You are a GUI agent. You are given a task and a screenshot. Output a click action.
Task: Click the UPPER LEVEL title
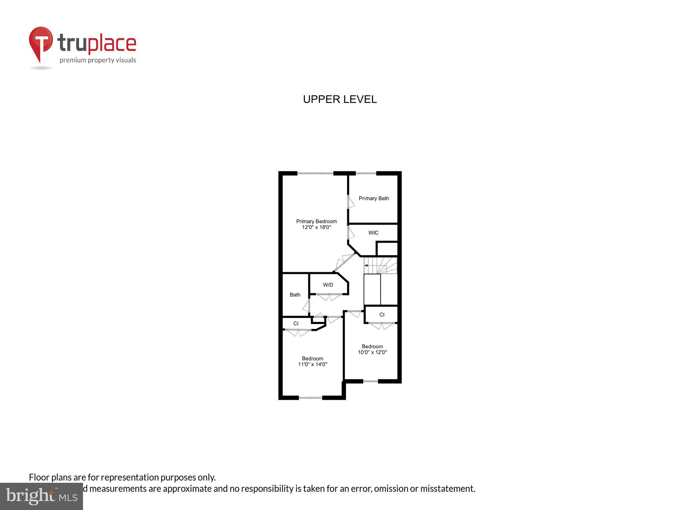pyautogui.click(x=340, y=99)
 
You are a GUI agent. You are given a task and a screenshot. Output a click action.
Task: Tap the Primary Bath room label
pyautogui.click(x=374, y=198)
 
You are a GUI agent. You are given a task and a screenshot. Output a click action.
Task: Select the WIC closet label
pyautogui.click(x=373, y=233)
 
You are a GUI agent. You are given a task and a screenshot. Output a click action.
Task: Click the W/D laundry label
pyautogui.click(x=328, y=285)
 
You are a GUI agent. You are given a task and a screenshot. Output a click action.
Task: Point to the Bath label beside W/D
pyautogui.click(x=295, y=295)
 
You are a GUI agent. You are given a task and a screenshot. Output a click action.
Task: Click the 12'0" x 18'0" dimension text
pyautogui.click(x=316, y=227)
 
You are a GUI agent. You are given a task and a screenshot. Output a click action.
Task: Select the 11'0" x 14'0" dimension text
pyautogui.click(x=312, y=364)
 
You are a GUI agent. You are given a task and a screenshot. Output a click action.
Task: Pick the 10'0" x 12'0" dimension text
pyautogui.click(x=372, y=352)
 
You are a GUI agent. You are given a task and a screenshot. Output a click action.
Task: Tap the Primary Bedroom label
pyautogui.click(x=316, y=221)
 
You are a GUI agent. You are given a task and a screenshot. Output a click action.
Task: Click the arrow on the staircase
pyautogui.click(x=366, y=265)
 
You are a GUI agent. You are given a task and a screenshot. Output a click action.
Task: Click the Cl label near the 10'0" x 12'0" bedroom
pyautogui.click(x=382, y=314)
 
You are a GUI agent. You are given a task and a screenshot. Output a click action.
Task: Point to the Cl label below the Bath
pyautogui.click(x=296, y=323)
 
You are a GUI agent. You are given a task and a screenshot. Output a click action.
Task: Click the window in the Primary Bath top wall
pyautogui.click(x=366, y=173)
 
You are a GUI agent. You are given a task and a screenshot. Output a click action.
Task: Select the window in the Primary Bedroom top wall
pyautogui.click(x=315, y=173)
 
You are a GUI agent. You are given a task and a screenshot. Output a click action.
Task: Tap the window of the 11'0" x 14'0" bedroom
pyautogui.click(x=310, y=397)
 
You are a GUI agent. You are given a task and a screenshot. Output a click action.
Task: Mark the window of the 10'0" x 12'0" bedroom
pyautogui.click(x=370, y=381)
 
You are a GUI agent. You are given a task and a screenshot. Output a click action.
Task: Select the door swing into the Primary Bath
pyautogui.click(x=351, y=202)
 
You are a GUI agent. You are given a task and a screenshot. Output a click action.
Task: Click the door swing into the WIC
pyautogui.click(x=351, y=232)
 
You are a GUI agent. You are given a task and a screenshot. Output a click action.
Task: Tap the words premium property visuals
pyautogui.click(x=98, y=60)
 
